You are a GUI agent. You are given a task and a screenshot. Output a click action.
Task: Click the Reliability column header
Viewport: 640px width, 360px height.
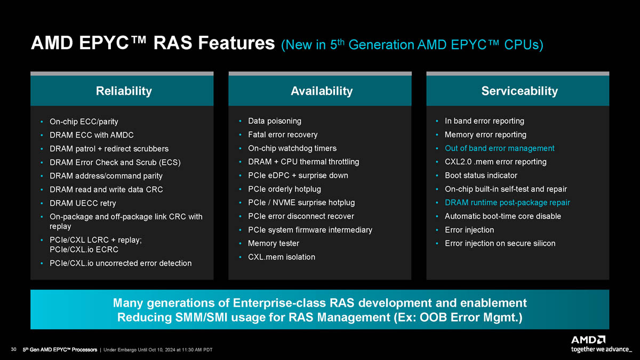coord(124,91)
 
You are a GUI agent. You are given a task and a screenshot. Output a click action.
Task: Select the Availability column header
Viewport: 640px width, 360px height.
coord(322,91)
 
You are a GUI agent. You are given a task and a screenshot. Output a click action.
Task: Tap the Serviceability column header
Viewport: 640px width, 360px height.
coord(519,91)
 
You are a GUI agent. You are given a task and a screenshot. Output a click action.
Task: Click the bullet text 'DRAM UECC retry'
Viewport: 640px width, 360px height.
coord(83,203)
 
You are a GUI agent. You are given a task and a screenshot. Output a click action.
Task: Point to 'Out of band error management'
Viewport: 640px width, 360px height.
coord(499,148)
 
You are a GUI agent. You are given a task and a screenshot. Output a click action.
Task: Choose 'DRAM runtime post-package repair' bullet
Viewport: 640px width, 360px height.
coord(507,203)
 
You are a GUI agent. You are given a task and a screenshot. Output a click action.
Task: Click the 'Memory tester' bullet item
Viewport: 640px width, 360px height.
coord(274,243)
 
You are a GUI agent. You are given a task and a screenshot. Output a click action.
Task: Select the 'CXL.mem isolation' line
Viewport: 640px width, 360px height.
coord(282,257)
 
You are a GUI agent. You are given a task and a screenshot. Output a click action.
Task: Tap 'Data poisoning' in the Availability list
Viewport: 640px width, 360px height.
coord(275,121)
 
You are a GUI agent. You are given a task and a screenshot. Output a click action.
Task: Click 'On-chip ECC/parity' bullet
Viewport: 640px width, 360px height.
coord(84,122)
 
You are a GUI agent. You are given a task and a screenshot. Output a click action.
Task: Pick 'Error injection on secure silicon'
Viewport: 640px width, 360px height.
coord(500,243)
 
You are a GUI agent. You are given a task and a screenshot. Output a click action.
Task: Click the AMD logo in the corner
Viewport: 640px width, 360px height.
coord(588,340)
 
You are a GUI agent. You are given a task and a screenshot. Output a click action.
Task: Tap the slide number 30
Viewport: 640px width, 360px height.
coord(13,349)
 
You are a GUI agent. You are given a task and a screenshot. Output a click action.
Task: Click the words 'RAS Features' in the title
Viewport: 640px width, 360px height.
coord(214,43)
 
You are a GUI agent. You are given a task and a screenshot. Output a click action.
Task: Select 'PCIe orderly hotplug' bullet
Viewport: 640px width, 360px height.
coord(284,189)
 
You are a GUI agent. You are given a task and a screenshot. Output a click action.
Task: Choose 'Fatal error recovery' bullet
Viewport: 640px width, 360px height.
coord(283,134)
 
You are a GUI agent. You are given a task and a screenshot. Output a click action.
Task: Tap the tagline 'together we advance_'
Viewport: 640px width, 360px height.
coord(602,349)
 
